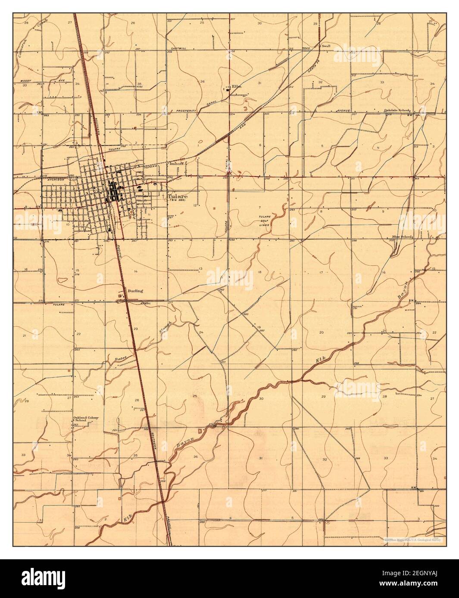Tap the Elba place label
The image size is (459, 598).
coord(237,86)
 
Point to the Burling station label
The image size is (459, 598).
coord(135,291)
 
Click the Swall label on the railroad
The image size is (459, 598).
coord(326,45)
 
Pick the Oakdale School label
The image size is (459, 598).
coord(397,110)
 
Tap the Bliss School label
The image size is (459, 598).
coord(402,237)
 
